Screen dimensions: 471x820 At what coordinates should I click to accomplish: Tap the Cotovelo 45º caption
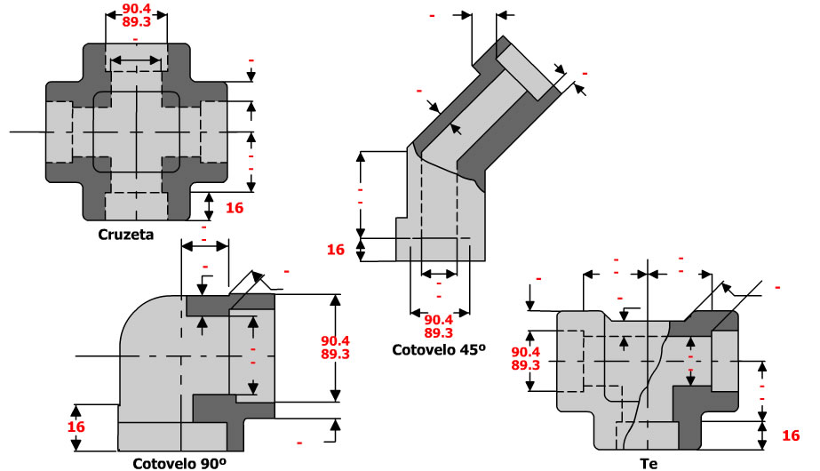(440, 350)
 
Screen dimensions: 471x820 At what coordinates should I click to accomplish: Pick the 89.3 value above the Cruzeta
(134, 25)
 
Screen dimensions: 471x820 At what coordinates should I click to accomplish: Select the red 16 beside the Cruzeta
(235, 208)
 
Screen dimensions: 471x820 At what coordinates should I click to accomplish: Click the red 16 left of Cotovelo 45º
(335, 250)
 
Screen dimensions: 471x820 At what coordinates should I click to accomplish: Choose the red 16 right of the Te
(791, 435)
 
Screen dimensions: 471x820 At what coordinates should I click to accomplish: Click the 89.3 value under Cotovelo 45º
(440, 333)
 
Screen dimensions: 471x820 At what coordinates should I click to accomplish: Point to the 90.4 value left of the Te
(526, 352)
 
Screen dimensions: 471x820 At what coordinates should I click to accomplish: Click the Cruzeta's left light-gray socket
(60, 132)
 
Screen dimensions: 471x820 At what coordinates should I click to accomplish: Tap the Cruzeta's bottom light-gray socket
(136, 205)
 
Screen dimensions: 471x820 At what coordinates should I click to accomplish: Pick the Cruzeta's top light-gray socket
(136, 57)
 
